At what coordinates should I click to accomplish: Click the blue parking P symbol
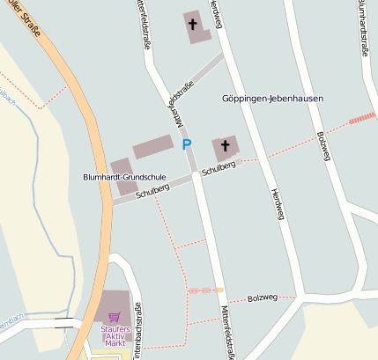[x=186, y=143]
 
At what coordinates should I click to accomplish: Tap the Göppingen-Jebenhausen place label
[x=273, y=99]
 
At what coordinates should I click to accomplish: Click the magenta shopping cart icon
[x=114, y=317]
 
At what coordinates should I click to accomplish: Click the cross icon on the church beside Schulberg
[x=225, y=145]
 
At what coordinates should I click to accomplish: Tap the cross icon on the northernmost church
[x=194, y=24]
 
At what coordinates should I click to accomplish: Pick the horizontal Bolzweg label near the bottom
[x=262, y=298]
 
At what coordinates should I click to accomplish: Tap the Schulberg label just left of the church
[x=219, y=167]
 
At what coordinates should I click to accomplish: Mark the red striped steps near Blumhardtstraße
[x=361, y=118]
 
